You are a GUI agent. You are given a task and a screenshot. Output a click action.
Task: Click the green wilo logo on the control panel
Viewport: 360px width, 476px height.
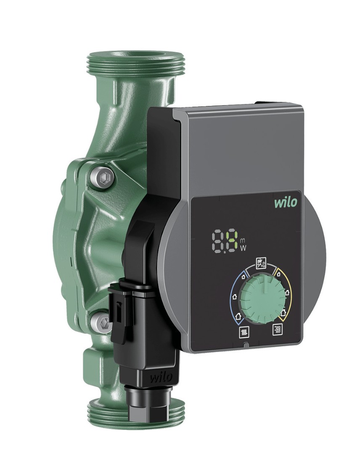[286, 202]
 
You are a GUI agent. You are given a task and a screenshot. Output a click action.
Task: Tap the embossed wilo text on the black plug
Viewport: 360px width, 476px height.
[161, 377]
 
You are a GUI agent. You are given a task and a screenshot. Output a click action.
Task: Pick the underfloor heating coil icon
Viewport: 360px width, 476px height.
[277, 329]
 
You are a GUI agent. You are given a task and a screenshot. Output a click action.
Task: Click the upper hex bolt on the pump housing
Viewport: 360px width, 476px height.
[103, 177]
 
